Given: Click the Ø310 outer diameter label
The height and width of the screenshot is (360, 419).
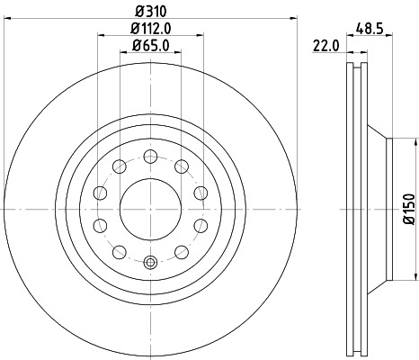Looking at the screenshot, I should tap(151, 12).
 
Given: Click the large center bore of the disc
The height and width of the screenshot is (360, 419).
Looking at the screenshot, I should tap(151, 207).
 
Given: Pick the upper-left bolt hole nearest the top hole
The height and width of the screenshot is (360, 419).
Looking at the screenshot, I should tap(120, 165).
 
